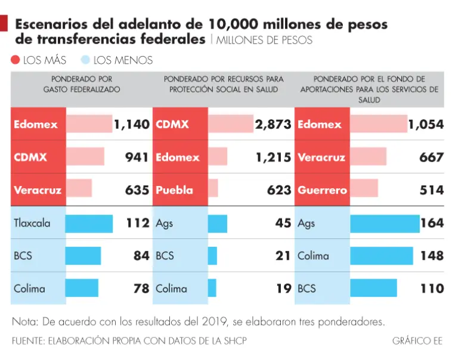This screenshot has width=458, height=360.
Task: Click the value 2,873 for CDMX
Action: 273,125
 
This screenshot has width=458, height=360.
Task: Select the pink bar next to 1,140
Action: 89,124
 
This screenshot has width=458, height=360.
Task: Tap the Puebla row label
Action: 174,190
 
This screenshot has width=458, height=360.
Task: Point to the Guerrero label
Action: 322,190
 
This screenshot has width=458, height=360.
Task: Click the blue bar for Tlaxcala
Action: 89,224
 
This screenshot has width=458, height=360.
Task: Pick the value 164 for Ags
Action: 432,224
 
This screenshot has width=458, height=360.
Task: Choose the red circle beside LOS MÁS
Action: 16,60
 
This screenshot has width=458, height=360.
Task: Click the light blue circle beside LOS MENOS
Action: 85,60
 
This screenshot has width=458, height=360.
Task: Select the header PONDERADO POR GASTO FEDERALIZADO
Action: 82,84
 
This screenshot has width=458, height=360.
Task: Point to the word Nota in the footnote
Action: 24,322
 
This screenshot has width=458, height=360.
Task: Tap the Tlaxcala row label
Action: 32,224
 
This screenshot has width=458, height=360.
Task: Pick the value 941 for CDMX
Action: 137,157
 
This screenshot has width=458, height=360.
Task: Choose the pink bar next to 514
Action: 364,190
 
